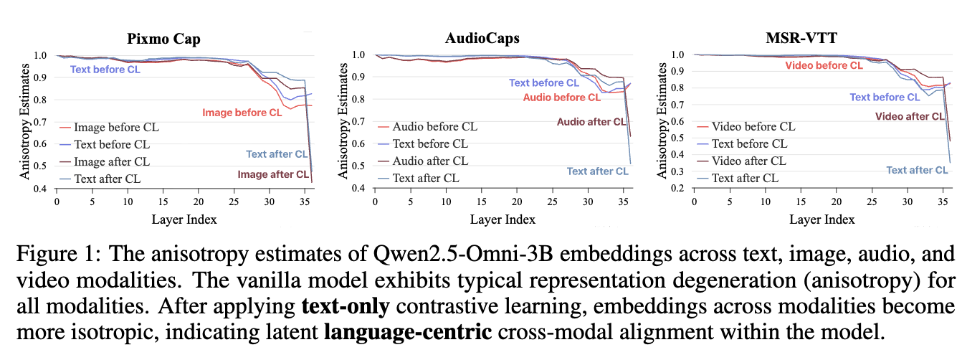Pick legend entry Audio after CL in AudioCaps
click(430, 161)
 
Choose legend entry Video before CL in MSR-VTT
click(753, 127)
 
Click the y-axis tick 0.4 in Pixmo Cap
click(42, 189)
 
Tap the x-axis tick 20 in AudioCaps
click(516, 202)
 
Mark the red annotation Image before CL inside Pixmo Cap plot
click(242, 113)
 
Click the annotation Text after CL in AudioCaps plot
click(597, 171)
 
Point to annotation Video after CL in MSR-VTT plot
click(910, 116)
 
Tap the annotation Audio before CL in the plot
click(561, 98)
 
